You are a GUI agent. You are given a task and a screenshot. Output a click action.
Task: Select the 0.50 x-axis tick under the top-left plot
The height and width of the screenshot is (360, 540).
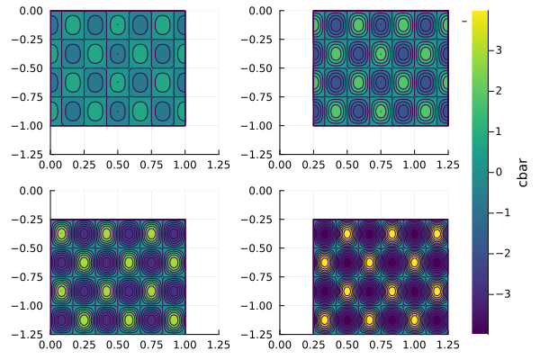(118, 165)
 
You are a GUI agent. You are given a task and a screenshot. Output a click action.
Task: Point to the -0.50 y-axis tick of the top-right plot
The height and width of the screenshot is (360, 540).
(258, 68)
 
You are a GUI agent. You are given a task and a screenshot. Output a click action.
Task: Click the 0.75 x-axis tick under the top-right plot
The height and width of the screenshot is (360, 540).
(381, 165)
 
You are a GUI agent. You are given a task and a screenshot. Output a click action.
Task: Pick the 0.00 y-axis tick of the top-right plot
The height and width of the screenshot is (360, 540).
(261, 11)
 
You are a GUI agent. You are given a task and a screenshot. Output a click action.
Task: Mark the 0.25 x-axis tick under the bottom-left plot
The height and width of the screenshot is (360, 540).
(84, 345)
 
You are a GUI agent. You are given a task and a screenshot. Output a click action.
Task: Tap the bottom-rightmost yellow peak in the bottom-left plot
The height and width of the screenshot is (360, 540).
(174, 319)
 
